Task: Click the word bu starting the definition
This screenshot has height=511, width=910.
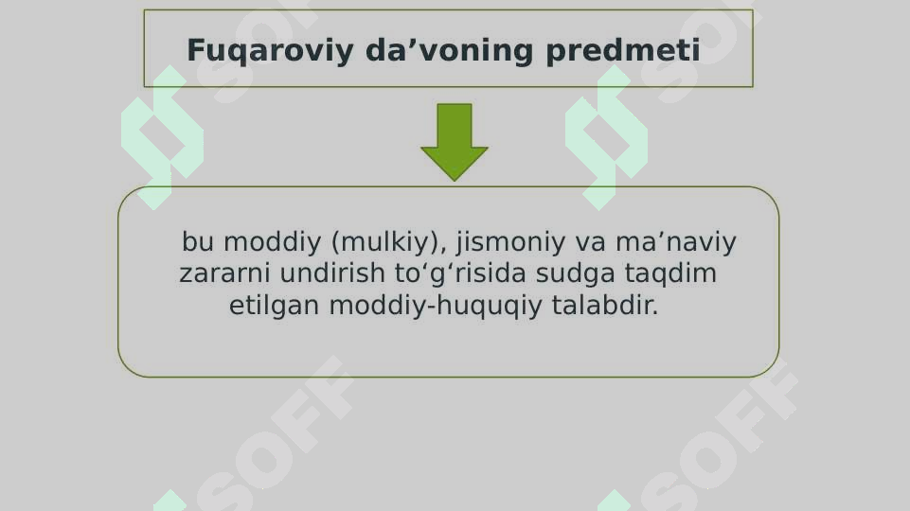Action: tap(197, 243)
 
